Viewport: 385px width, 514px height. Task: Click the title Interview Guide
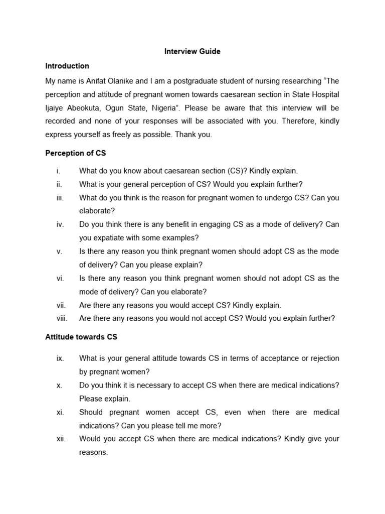pyautogui.click(x=192, y=52)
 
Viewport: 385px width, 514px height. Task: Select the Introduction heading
pyautogui.click(x=67, y=66)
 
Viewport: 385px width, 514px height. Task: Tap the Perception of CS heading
pyautogui.click(x=76, y=153)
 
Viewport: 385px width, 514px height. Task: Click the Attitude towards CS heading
pyautogui.click(x=81, y=337)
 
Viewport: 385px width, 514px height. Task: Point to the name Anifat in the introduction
pyautogui.click(x=104, y=81)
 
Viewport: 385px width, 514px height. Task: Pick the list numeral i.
pyautogui.click(x=58, y=171)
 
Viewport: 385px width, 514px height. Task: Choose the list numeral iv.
pyautogui.click(x=60, y=224)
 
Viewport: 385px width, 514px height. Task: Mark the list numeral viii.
pyautogui.click(x=62, y=318)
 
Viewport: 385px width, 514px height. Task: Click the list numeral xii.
pyautogui.click(x=61, y=439)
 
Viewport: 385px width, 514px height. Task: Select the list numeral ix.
pyautogui.click(x=60, y=358)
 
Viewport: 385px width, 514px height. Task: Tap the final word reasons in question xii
pyautogui.click(x=93, y=452)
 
